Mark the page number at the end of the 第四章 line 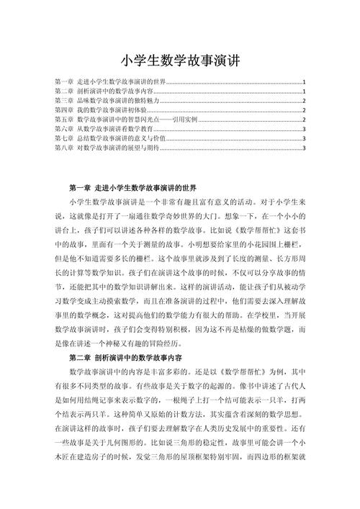click(305, 111)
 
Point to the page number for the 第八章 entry click(305, 148)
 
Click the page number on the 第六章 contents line click(305, 130)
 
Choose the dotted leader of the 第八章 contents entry click(230, 149)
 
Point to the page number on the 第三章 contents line click(305, 102)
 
